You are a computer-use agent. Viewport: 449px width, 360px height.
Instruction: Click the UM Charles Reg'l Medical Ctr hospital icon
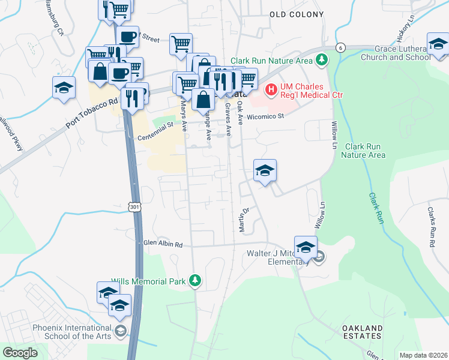click(271, 90)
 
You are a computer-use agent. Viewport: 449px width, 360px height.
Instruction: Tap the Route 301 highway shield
click(133, 206)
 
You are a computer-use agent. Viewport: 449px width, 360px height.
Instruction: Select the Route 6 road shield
click(340, 47)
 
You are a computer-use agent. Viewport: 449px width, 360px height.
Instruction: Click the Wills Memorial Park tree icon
click(194, 280)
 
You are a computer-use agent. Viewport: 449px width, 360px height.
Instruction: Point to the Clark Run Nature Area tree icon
click(322, 60)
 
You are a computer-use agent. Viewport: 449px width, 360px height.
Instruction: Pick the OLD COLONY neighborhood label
click(297, 14)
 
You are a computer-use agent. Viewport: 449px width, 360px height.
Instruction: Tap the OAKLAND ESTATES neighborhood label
click(362, 332)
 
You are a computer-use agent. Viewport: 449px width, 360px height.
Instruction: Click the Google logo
click(20, 353)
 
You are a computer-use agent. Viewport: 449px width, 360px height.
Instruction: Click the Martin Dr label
click(245, 220)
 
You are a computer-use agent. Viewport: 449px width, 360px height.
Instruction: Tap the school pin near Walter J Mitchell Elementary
click(306, 247)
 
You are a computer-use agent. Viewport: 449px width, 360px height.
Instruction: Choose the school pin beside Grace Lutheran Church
click(438, 45)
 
